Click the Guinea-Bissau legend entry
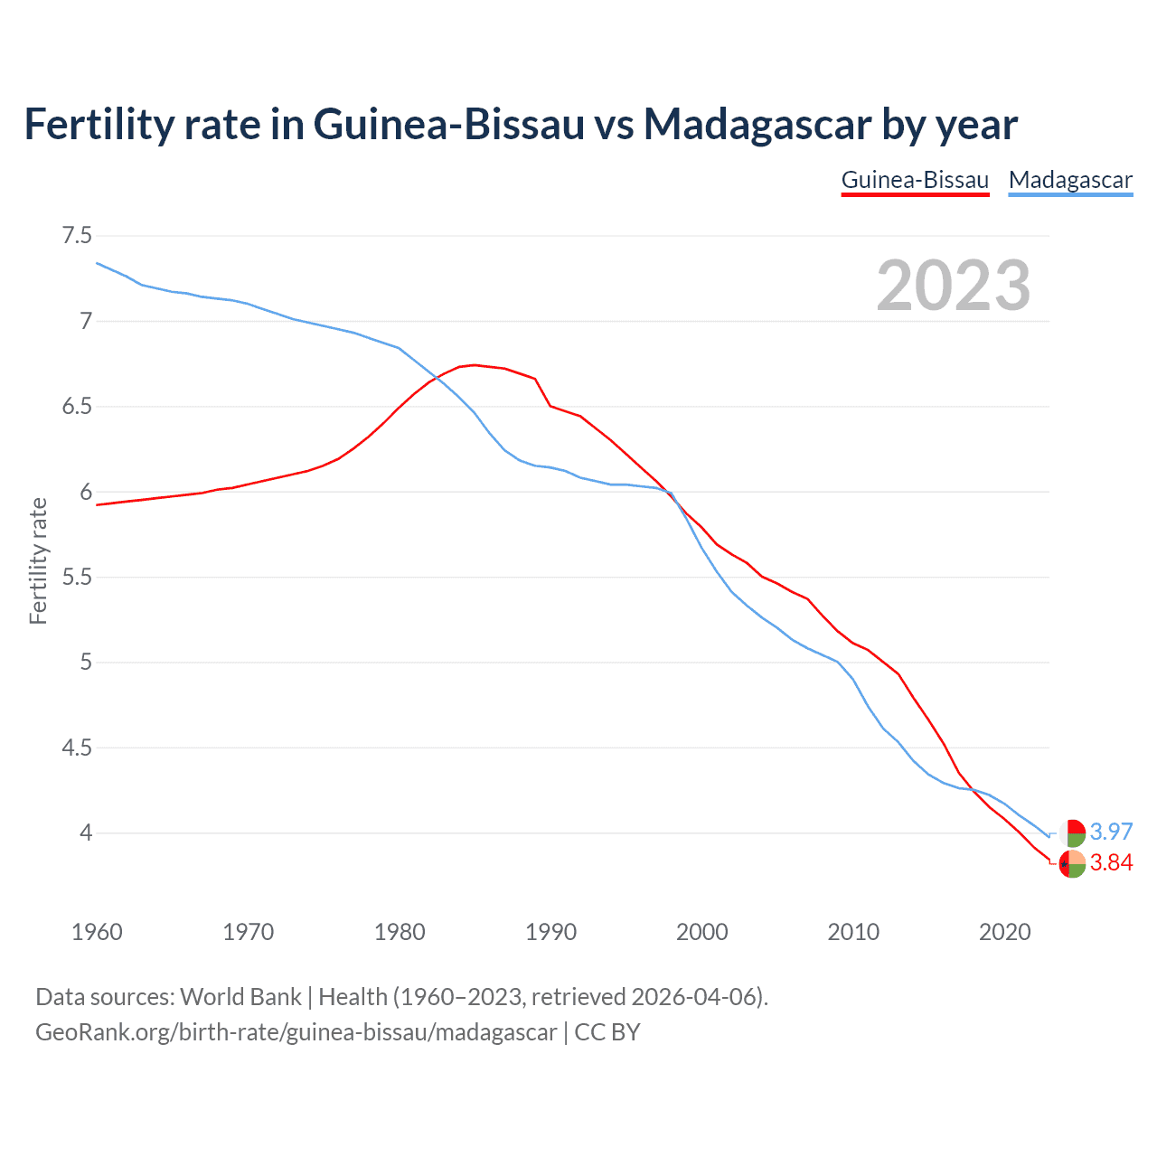pyautogui.click(x=915, y=180)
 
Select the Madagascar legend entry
pyautogui.click(x=1070, y=180)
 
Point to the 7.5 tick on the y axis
pyautogui.click(x=76, y=236)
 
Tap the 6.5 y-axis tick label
pyautogui.click(x=76, y=407)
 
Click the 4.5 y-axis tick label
pyautogui.click(x=76, y=748)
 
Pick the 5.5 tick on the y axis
pyautogui.click(x=76, y=578)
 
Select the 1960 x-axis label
pyautogui.click(x=97, y=932)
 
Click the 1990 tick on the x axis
pyautogui.click(x=550, y=932)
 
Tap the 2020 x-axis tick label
pyautogui.click(x=1004, y=932)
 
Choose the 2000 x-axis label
pyautogui.click(x=701, y=932)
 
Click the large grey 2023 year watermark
pyautogui.click(x=953, y=286)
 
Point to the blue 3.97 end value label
pyautogui.click(x=1111, y=832)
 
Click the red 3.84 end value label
pyautogui.click(x=1111, y=863)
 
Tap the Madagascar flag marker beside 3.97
pyautogui.click(x=1072, y=832)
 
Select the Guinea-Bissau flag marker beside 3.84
pyautogui.click(x=1072, y=864)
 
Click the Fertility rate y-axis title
pyautogui.click(x=38, y=560)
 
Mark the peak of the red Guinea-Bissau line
pyautogui.click(x=475, y=365)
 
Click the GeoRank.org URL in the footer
pyautogui.click(x=296, y=1032)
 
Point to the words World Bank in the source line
pyautogui.click(x=240, y=997)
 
